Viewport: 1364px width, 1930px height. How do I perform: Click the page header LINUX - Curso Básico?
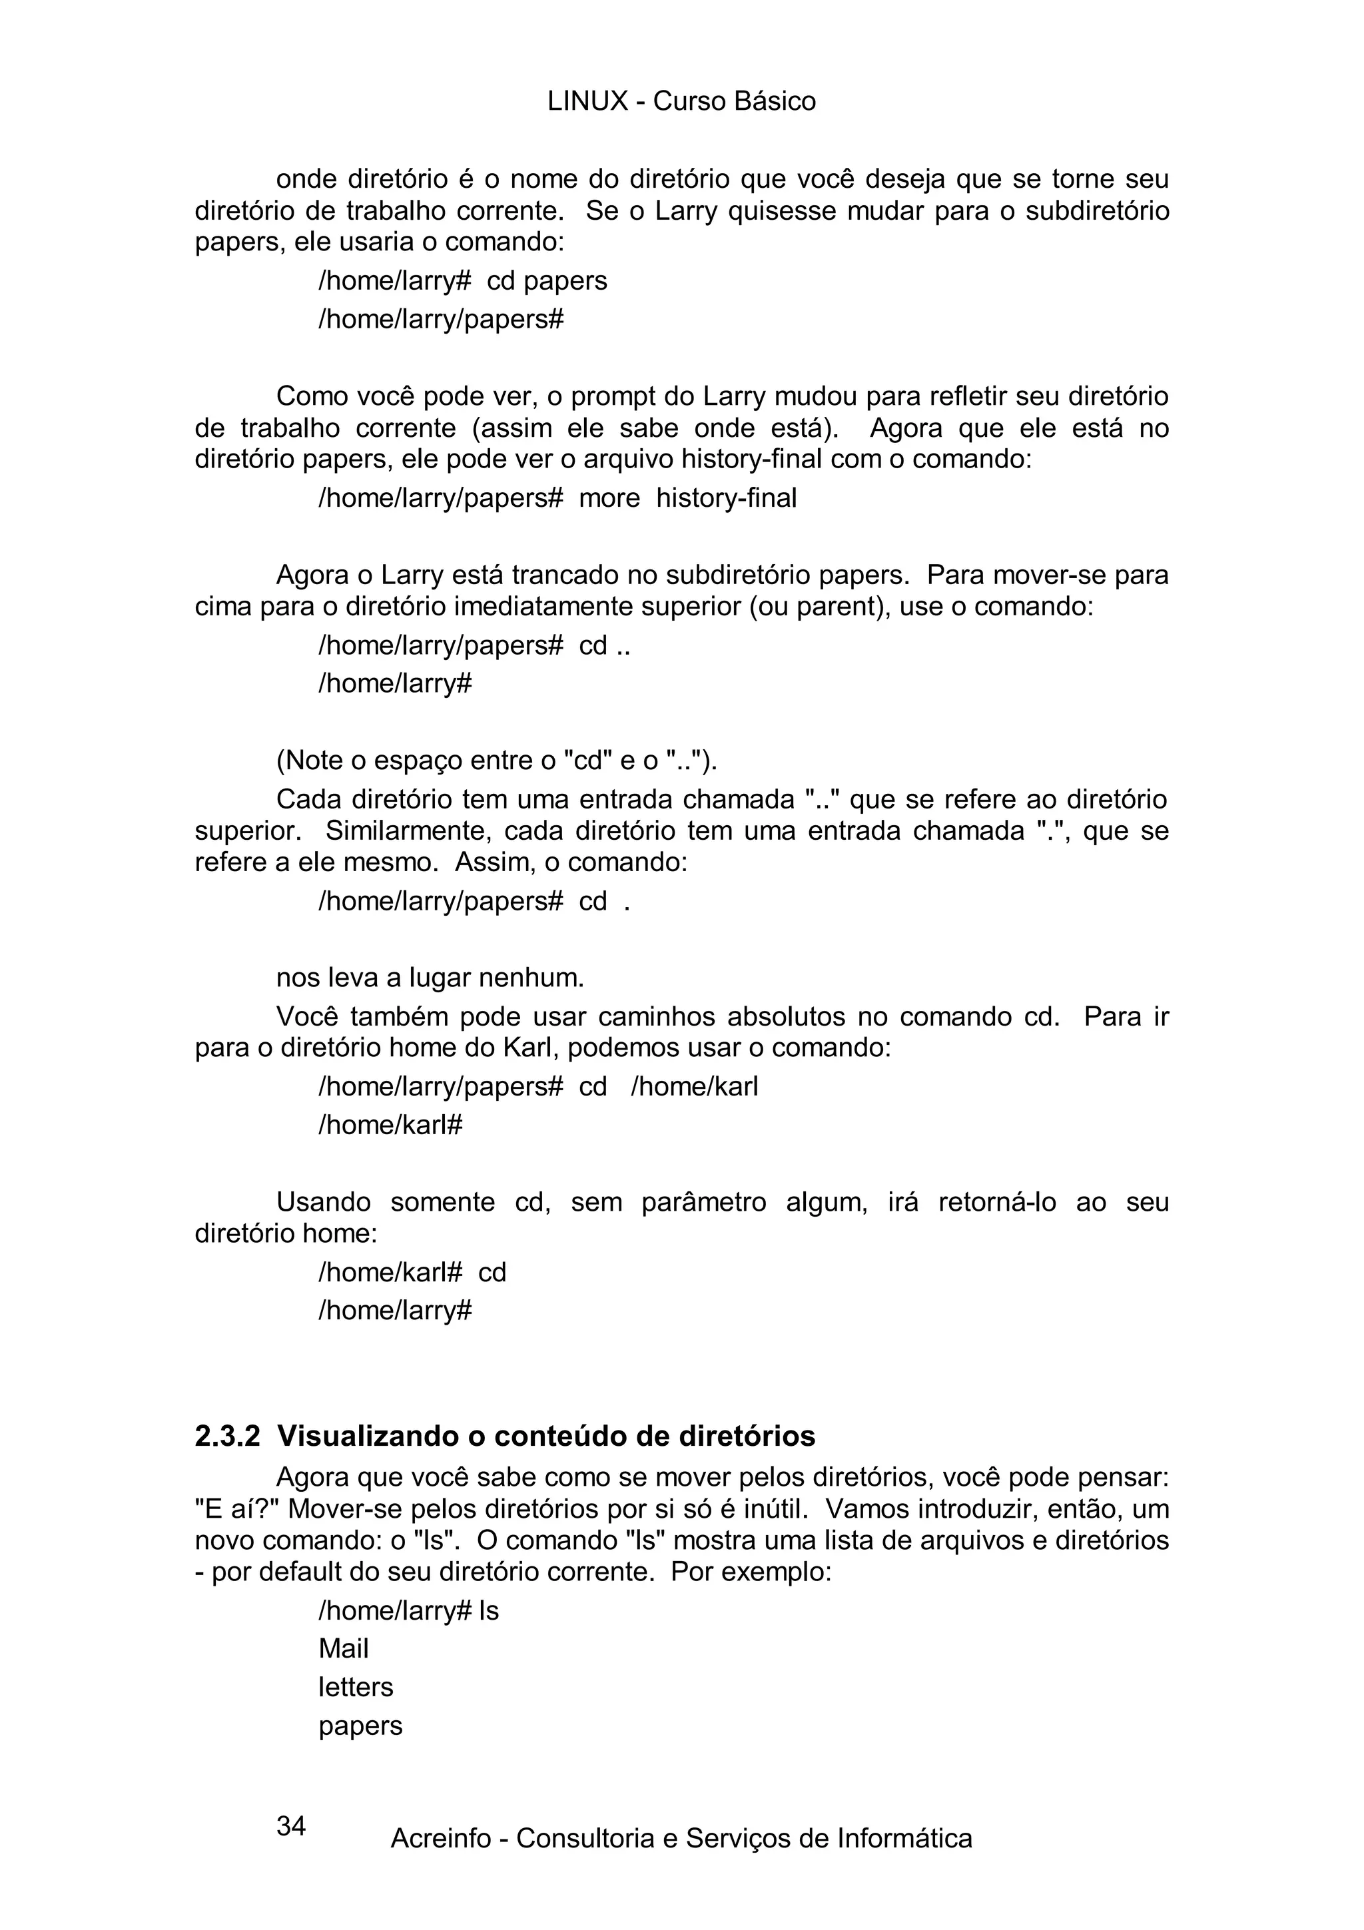pyautogui.click(x=681, y=102)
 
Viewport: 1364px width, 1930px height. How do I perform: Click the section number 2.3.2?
pyautogui.click(x=227, y=1436)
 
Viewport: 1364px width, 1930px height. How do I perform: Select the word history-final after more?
pyautogui.click(x=726, y=497)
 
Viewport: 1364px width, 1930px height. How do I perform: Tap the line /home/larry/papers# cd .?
pyautogui.click(x=474, y=901)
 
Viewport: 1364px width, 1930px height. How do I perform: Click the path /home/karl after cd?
pyautogui.click(x=694, y=1086)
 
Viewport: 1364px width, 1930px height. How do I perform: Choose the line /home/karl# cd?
pyautogui.click(x=412, y=1272)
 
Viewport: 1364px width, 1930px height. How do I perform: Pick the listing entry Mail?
pyautogui.click(x=343, y=1648)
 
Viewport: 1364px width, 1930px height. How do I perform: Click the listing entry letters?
pyautogui.click(x=356, y=1687)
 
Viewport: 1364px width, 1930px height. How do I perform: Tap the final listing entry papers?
pyautogui.click(x=360, y=1726)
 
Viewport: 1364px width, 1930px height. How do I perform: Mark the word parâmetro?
pyautogui.click(x=703, y=1202)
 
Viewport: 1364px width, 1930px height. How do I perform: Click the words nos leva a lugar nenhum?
pyautogui.click(x=430, y=978)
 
